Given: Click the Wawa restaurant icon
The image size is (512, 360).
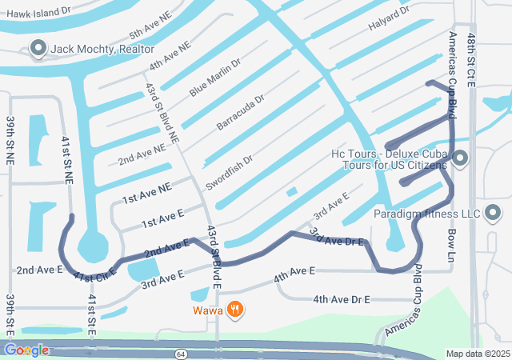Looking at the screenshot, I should [234, 309].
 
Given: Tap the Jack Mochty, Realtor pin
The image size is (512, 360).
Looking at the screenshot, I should [37, 50].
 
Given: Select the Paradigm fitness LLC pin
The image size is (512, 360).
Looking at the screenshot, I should [493, 213].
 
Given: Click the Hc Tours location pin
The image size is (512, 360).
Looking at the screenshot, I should [460, 159].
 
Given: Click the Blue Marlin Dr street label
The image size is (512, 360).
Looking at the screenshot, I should [214, 78].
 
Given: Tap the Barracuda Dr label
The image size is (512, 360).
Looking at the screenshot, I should [240, 114].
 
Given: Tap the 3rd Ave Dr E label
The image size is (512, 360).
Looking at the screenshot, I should [337, 237].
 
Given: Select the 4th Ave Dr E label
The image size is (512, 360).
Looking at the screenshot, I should [342, 299].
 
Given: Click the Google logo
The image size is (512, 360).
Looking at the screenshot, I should [26, 350].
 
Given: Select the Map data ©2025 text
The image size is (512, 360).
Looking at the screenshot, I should [477, 354].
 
